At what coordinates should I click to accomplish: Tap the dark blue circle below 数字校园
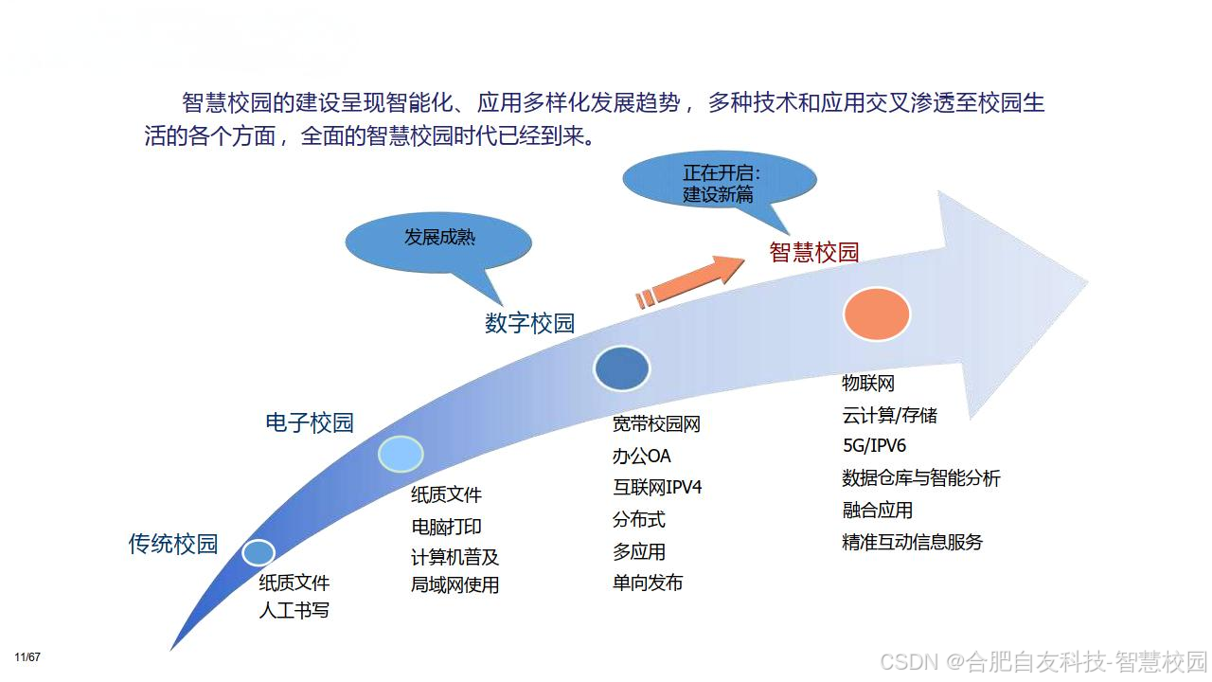point(621,369)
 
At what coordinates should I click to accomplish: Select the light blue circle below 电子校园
point(401,454)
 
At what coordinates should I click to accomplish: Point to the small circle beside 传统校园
point(258,552)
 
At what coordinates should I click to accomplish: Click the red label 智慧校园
point(813,252)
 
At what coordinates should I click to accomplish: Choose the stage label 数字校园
point(529,323)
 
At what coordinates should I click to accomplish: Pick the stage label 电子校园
point(310,422)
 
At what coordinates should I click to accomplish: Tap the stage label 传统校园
point(173,544)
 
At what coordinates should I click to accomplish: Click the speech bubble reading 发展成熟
point(436,238)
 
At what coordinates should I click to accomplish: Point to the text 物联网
point(868,384)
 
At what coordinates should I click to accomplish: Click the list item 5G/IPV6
point(874,446)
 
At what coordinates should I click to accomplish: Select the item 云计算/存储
point(889,415)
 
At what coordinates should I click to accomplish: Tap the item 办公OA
point(641,457)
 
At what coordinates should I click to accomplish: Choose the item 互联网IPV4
point(657,488)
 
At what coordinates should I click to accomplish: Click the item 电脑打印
point(446,527)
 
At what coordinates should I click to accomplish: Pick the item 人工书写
point(294,610)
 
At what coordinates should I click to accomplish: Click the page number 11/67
point(27,657)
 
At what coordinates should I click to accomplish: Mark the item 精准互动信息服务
point(912,543)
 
